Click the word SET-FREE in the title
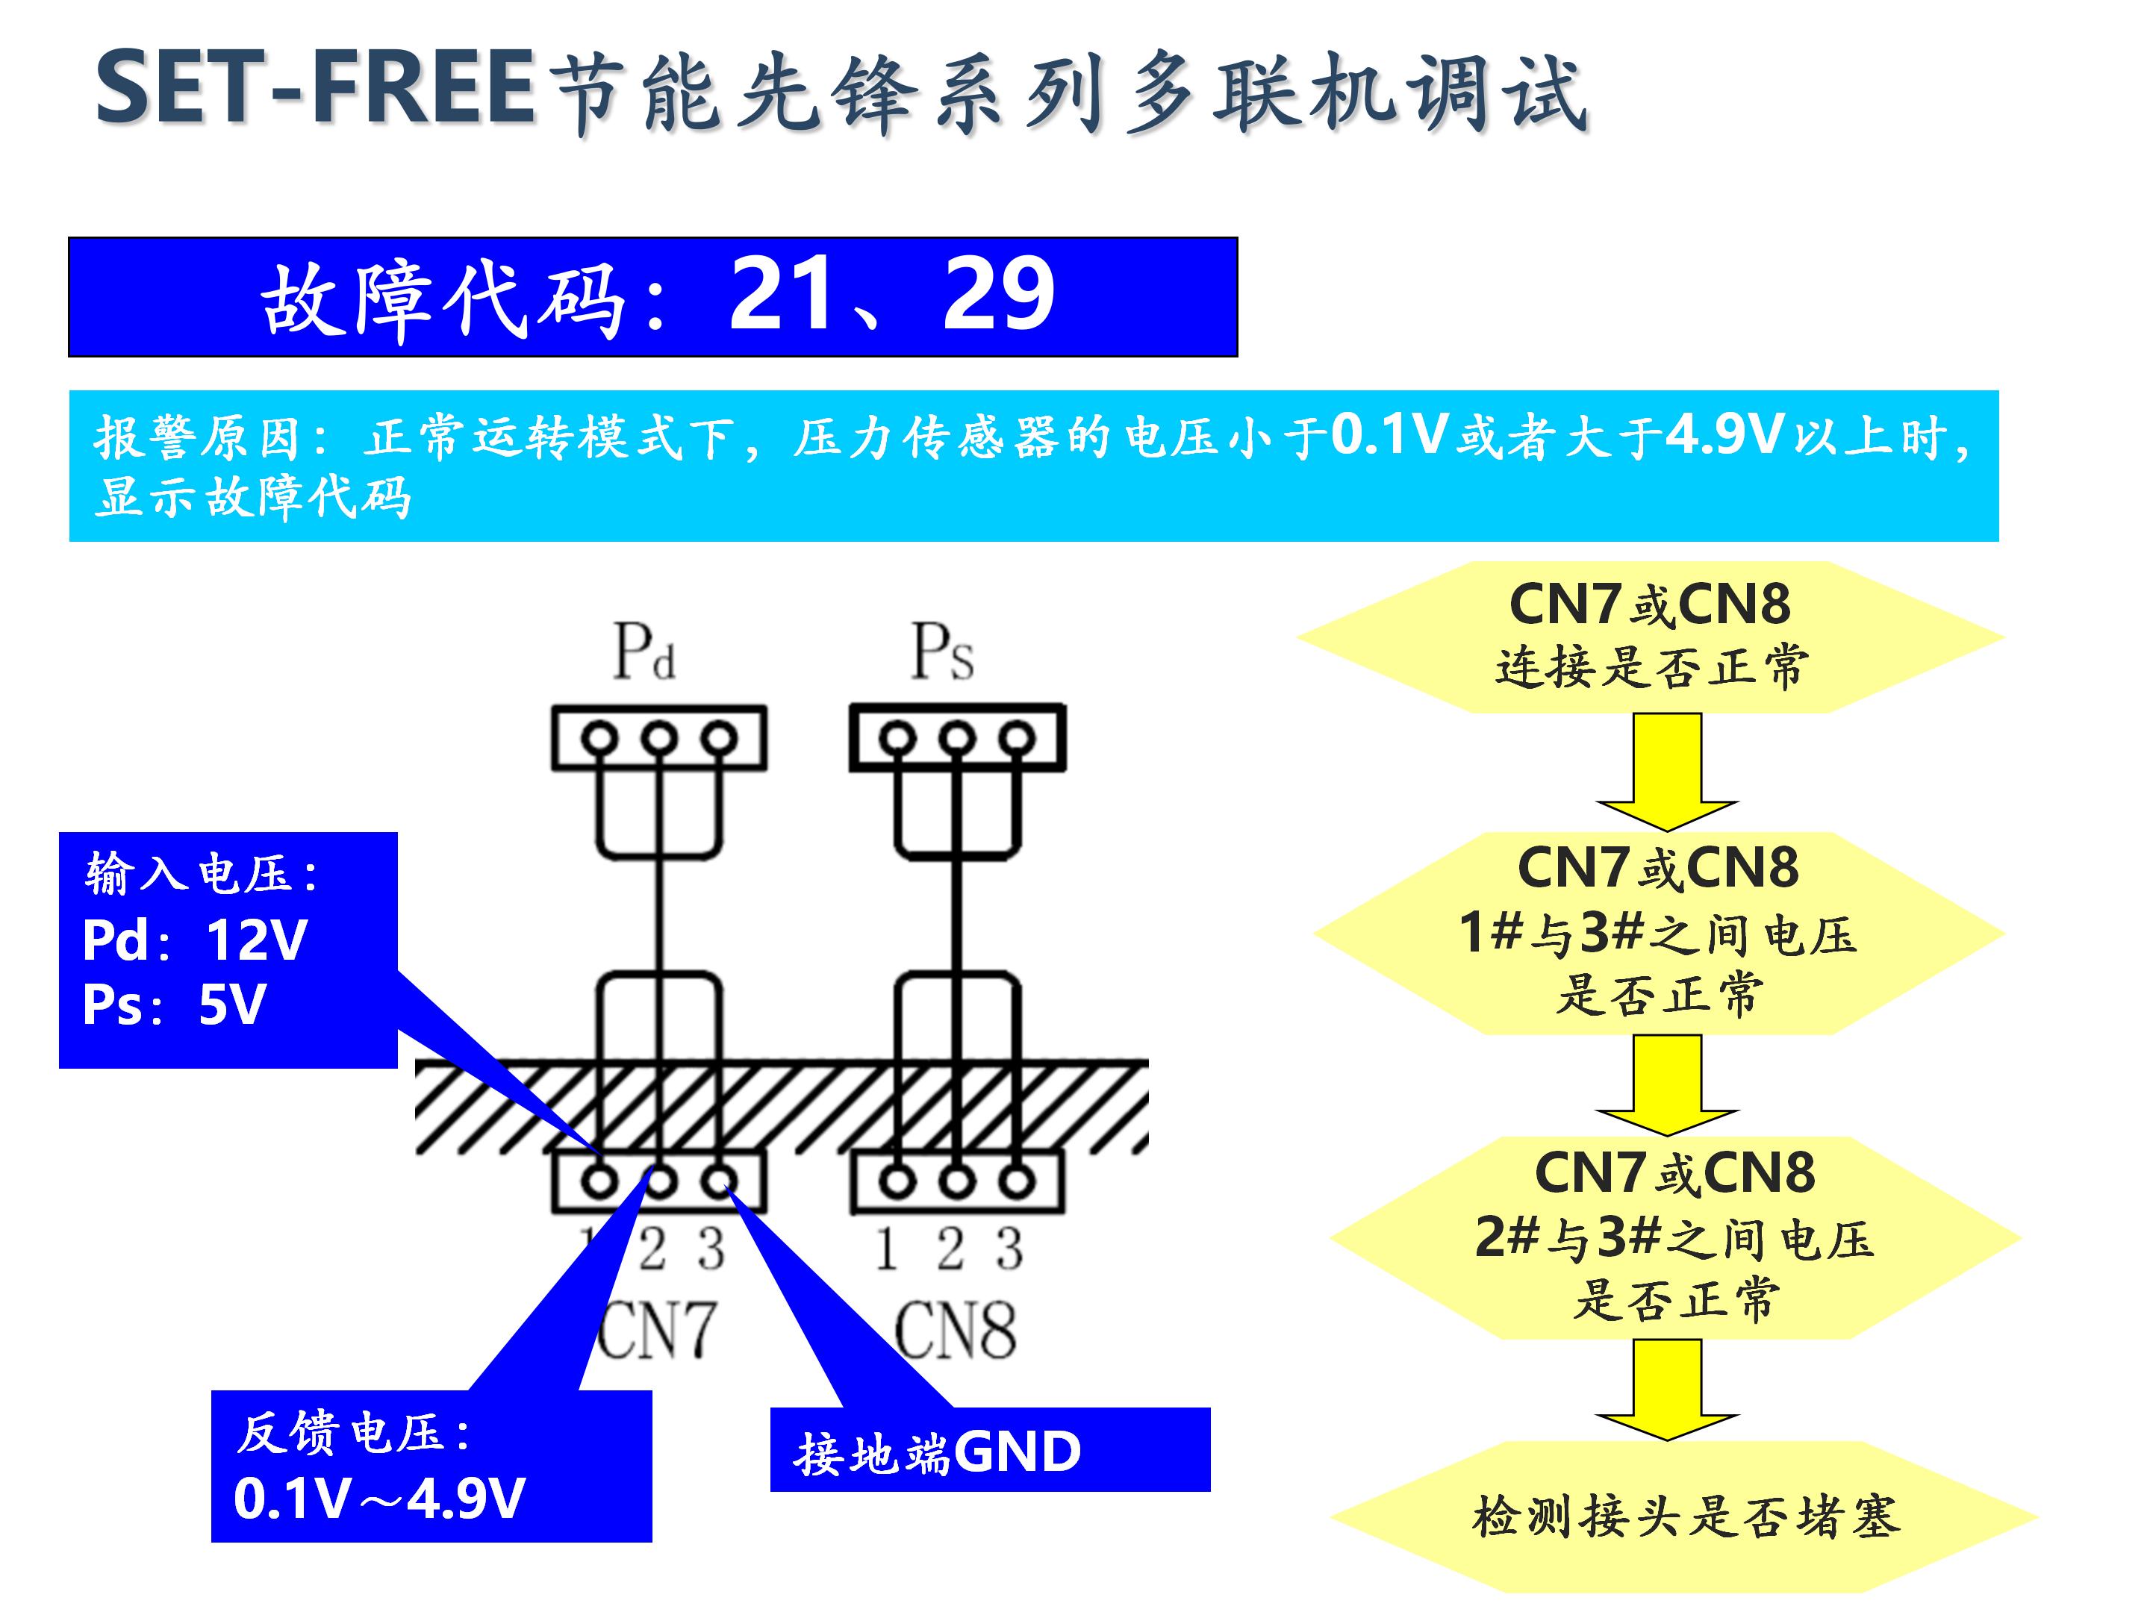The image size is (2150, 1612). [x=316, y=90]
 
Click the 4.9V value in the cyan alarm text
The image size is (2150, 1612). [x=1724, y=434]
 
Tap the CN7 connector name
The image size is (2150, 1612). [x=656, y=1330]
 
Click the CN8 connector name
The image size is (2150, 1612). [x=955, y=1330]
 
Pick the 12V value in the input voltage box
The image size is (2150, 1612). [x=257, y=940]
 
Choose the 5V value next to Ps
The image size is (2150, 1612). [x=231, y=1005]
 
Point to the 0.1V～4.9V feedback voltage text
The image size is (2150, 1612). [x=379, y=1497]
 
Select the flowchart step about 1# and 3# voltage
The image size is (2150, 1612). [x=1658, y=932]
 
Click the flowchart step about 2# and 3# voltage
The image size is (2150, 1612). [x=1674, y=1236]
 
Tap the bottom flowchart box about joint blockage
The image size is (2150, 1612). [x=1684, y=1516]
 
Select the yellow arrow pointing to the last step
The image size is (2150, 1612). [x=1667, y=1390]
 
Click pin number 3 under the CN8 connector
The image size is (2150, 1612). [x=1011, y=1249]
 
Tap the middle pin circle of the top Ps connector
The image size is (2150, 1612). [x=957, y=739]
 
